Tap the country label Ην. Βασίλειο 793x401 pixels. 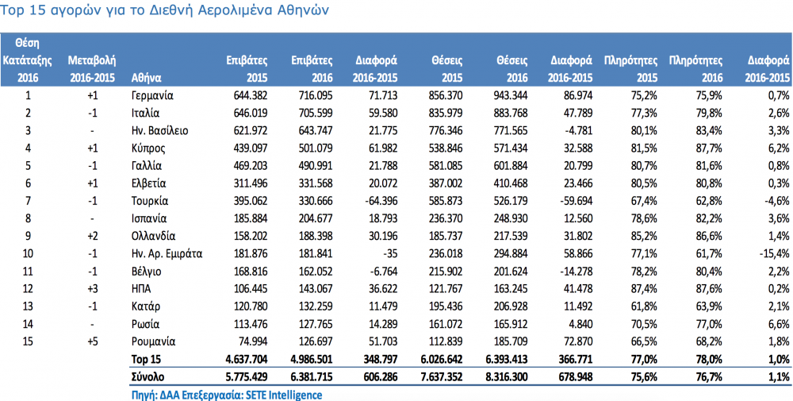click(x=160, y=131)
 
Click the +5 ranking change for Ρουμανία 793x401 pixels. click(x=92, y=341)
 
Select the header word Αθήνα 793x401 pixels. click(x=146, y=78)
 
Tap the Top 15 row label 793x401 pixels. click(x=145, y=359)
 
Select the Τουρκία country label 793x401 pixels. click(x=150, y=201)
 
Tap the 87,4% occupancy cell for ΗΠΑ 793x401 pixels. click(x=642, y=288)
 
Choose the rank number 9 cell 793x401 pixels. click(x=29, y=235)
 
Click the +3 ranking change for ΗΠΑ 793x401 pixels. click(x=92, y=288)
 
